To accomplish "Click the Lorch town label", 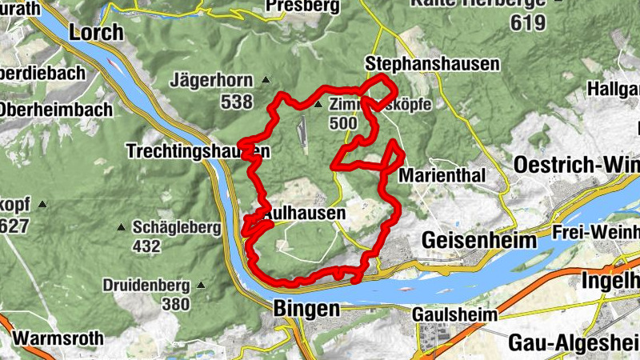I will (97, 33).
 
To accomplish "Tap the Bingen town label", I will (306, 308).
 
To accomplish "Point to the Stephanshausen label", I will (431, 63).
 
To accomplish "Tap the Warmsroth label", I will (58, 338).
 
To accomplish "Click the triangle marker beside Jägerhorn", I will (266, 80).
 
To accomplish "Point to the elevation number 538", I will (237, 102).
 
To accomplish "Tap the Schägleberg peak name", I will (176, 228).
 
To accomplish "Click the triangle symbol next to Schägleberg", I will (122, 227).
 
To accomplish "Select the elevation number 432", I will (146, 246).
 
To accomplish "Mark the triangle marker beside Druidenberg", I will (201, 285).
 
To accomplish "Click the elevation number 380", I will (175, 304).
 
